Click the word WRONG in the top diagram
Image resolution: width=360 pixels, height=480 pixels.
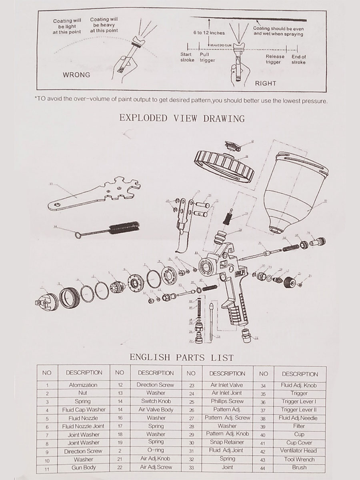point(76,75)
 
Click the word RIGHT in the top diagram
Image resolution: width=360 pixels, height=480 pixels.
point(266,83)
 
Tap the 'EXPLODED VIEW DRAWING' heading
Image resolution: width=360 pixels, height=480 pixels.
point(182,118)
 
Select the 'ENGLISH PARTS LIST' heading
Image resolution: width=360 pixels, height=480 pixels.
point(182,357)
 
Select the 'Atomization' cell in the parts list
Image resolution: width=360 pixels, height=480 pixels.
point(83,385)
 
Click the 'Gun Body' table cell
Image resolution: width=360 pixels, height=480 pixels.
point(83,467)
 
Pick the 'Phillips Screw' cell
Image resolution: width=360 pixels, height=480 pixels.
point(227,401)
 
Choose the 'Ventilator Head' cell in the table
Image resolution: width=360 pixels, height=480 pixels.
point(299,451)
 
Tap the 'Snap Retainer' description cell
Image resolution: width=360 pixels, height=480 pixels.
point(227,442)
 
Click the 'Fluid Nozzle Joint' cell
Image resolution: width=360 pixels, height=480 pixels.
point(83,426)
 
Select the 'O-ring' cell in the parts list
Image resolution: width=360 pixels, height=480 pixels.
point(156,451)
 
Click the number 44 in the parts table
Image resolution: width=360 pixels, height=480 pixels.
point(263,467)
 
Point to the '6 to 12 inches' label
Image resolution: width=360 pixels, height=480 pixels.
point(209,33)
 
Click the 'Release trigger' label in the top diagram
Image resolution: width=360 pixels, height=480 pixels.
point(275,59)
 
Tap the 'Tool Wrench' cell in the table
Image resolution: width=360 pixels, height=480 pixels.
point(299,459)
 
